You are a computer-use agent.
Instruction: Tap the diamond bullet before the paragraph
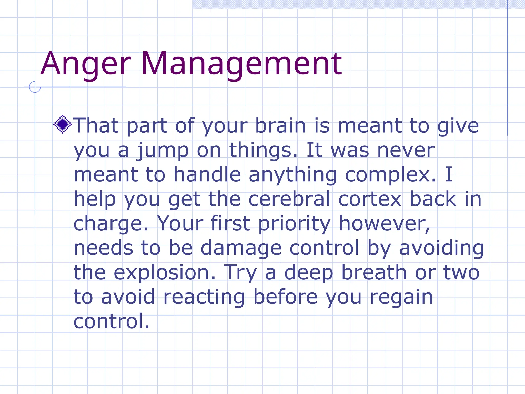click(x=63, y=125)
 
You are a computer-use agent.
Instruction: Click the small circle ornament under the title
click(x=35, y=87)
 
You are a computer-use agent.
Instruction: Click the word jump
click(x=163, y=151)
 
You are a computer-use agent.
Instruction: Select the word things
click(x=264, y=151)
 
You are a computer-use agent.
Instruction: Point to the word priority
click(x=294, y=224)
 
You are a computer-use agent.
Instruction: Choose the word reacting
click(x=204, y=297)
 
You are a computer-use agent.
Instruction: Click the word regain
click(x=401, y=297)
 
